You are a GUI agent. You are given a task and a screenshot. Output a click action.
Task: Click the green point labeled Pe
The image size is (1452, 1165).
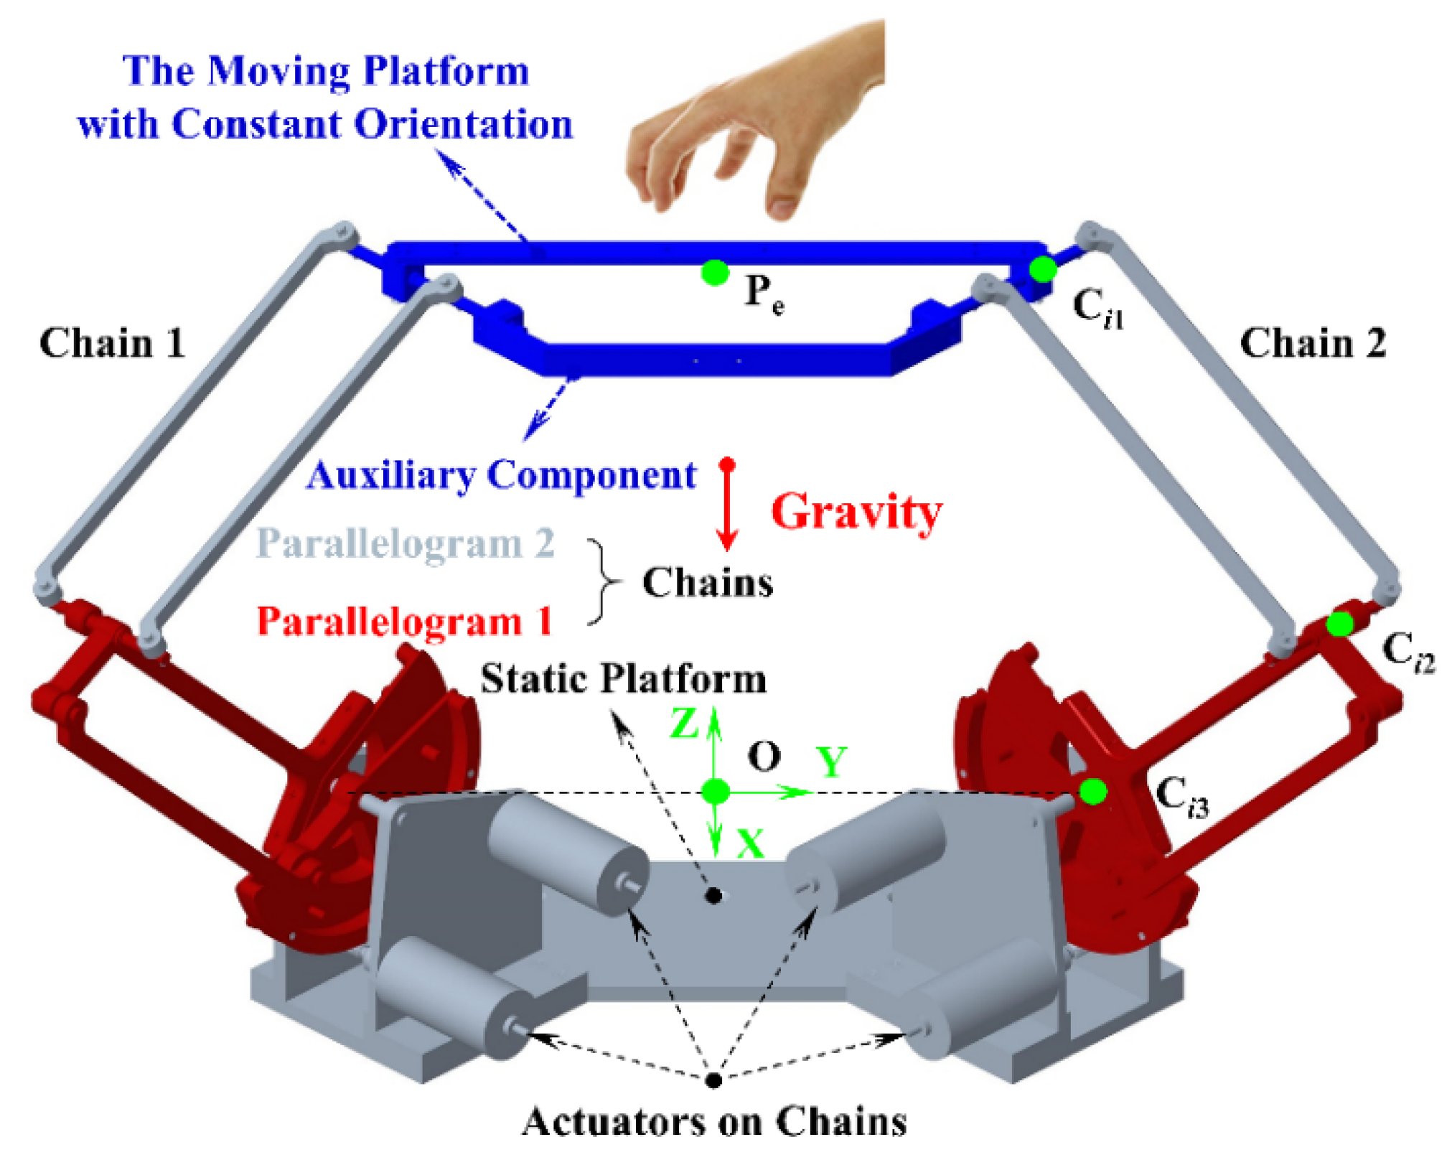click(715, 273)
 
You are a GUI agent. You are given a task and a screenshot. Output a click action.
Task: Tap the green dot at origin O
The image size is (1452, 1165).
click(715, 792)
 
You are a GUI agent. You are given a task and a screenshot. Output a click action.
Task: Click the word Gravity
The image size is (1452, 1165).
click(856, 513)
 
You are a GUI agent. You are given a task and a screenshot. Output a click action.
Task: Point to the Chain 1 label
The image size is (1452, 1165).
click(112, 343)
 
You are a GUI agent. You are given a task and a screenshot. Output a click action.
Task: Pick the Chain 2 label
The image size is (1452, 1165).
click(1313, 343)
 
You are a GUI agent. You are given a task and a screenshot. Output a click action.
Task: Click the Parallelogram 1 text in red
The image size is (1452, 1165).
click(405, 622)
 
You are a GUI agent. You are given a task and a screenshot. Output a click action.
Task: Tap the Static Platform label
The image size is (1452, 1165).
click(623, 678)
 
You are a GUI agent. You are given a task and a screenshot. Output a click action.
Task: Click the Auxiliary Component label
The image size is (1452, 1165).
click(502, 476)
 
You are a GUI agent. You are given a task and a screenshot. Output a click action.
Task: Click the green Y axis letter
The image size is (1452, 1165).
click(832, 762)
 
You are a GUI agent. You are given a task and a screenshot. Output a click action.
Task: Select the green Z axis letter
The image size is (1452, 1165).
click(684, 724)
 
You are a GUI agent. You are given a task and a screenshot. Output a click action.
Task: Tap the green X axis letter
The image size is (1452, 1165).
click(751, 843)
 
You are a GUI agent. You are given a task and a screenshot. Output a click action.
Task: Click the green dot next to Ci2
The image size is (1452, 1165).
click(1339, 624)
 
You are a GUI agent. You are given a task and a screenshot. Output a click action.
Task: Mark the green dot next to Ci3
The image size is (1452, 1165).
click(1092, 792)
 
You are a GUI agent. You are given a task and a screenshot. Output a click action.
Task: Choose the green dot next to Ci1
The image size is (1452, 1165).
click(1042, 270)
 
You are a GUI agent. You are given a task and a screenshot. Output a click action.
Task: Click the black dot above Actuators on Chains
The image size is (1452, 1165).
click(713, 1080)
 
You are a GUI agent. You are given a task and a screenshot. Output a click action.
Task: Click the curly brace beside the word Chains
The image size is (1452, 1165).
click(603, 581)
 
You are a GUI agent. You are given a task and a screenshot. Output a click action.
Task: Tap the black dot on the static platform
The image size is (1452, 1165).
click(713, 895)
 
